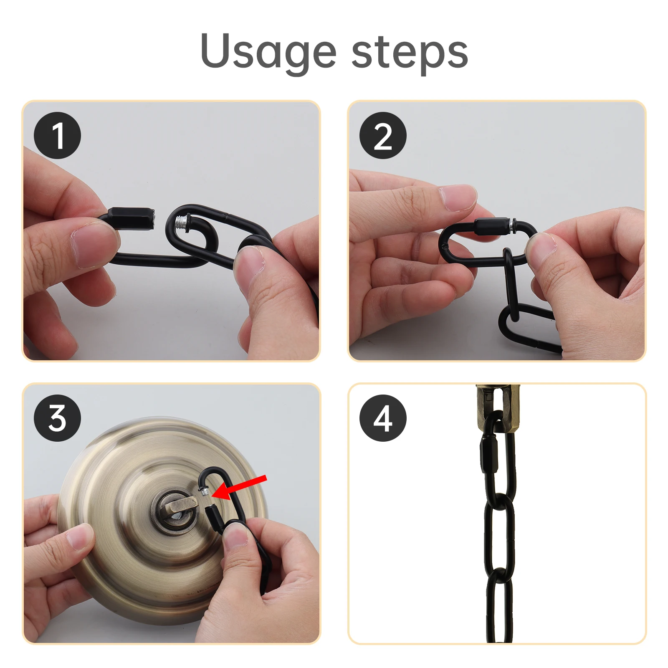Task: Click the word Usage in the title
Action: tap(268, 53)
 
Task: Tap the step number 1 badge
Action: tap(57, 135)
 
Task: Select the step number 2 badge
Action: tap(383, 135)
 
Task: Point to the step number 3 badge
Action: tap(57, 418)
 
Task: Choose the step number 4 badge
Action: tap(383, 418)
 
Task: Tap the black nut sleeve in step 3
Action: tap(214, 518)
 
